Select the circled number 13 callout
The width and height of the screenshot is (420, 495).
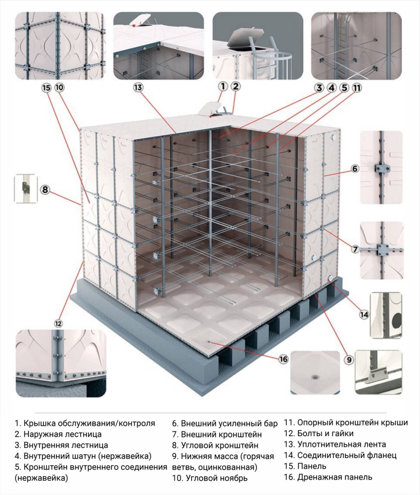pos(138,88)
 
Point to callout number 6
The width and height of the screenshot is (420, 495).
pos(355,169)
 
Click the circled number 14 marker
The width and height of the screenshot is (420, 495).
pos(364,315)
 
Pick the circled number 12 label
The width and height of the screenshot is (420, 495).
pos(58,324)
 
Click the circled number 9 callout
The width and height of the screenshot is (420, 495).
pos(349,360)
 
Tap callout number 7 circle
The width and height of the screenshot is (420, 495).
pos(355,249)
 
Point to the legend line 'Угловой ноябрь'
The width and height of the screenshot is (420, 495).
pos(217,478)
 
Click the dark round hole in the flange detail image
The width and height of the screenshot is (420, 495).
pos(397,319)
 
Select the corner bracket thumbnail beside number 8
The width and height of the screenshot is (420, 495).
pos(26,188)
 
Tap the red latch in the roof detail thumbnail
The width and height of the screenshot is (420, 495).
pos(134,24)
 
